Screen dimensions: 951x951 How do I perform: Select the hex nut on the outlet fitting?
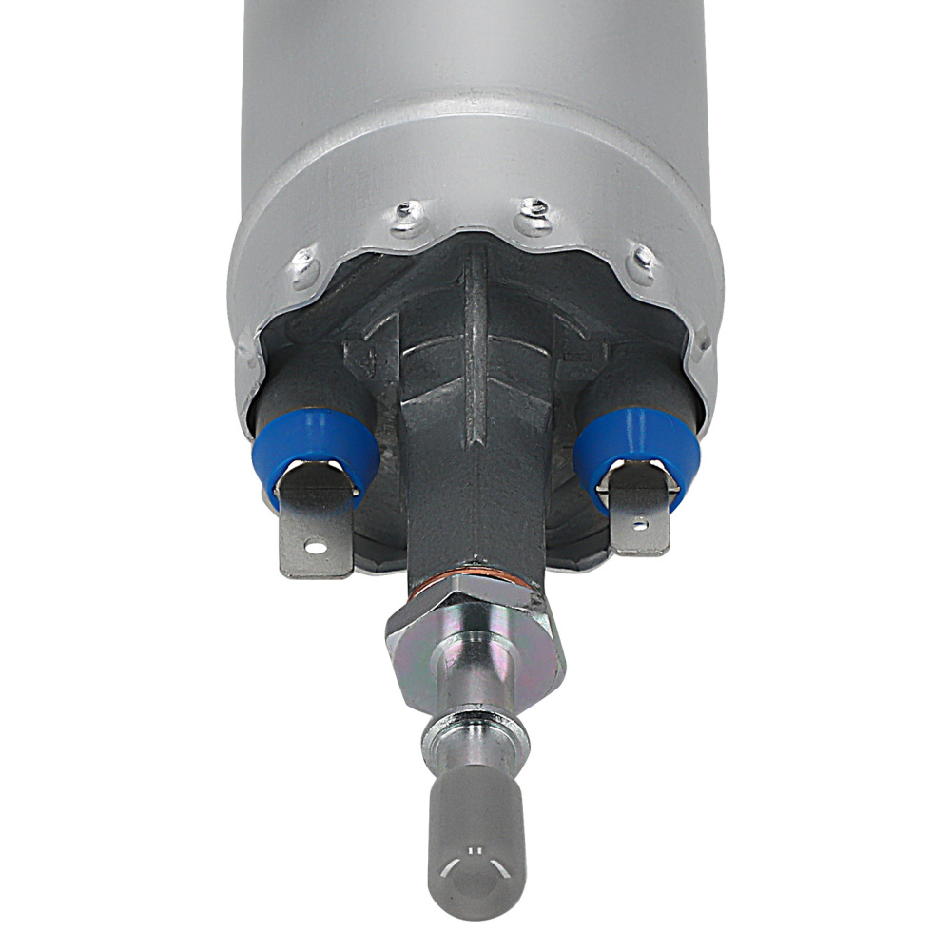click(x=475, y=637)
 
